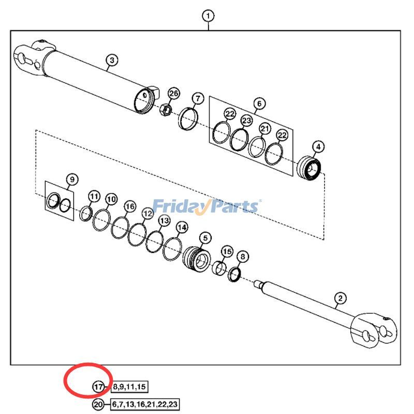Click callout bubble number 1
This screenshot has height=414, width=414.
click(208, 16)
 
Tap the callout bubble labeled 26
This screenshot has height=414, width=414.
click(173, 94)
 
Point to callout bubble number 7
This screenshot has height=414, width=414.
click(197, 98)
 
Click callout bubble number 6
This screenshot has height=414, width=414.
click(259, 103)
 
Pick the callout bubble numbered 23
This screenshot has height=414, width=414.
click(246, 121)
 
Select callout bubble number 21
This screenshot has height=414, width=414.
click(265, 129)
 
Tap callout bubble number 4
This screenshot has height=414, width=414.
click(318, 147)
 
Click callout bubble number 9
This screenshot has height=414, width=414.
click(71, 180)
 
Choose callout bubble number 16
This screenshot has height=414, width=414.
click(129, 206)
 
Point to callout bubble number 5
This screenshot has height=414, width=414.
click(205, 238)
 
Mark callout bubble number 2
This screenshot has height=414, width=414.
click(340, 298)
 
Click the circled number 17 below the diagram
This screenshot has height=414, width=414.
click(99, 387)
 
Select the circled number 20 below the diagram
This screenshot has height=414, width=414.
click(99, 404)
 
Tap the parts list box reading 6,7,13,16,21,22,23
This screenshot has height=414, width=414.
click(145, 404)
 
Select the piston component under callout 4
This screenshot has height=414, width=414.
click(309, 168)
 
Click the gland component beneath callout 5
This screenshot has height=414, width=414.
click(198, 257)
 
